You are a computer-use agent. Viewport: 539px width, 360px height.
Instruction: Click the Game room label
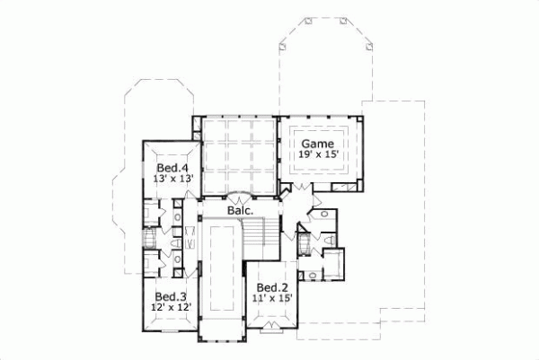pos(316,144)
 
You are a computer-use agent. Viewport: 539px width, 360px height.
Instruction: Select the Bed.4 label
pos(172,168)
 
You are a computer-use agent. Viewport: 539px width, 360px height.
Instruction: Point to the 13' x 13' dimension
pos(172,179)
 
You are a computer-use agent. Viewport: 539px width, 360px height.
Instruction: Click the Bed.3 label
pos(170,297)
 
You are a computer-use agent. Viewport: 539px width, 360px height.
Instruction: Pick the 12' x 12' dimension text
pos(170,308)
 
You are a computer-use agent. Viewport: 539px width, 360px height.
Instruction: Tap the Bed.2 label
pos(272,288)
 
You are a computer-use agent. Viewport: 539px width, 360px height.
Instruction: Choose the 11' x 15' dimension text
pos(272,299)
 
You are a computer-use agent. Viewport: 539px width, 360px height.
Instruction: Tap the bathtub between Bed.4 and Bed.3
pos(149,241)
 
